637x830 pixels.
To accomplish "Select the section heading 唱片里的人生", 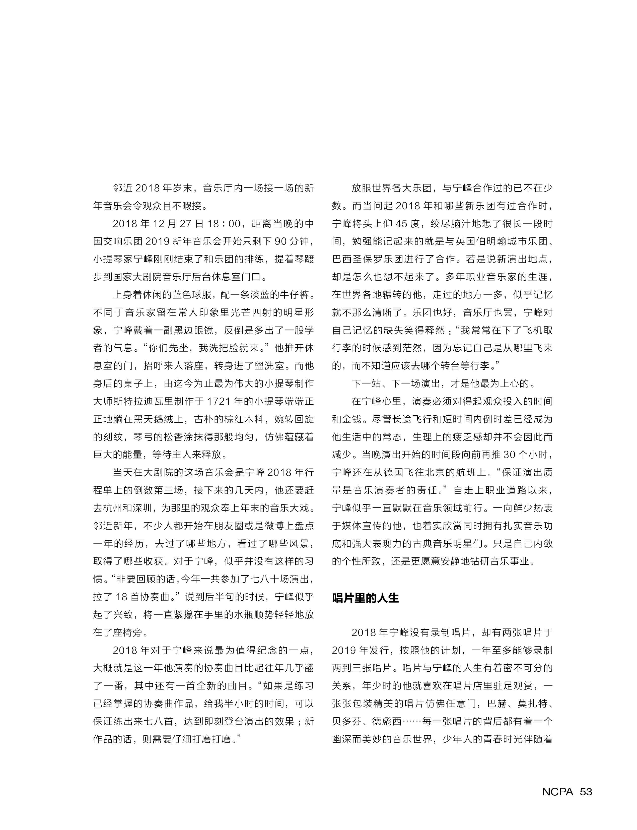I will click(x=366, y=599).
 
